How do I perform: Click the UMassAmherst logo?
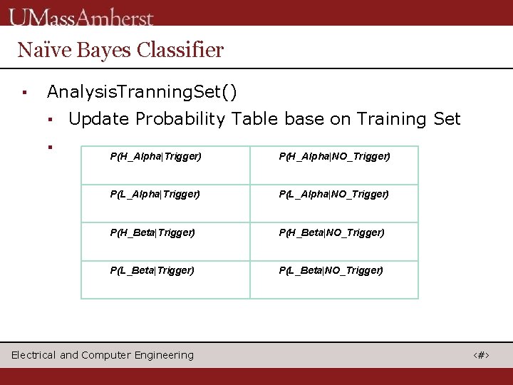[81, 16]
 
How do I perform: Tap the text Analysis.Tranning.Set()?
[142, 92]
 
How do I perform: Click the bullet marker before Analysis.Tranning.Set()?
[24, 93]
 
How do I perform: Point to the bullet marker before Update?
[51, 119]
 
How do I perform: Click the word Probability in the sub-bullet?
[180, 119]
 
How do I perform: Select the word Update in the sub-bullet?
[99, 119]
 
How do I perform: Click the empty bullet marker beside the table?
[51, 147]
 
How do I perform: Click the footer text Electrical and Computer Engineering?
[103, 355]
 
